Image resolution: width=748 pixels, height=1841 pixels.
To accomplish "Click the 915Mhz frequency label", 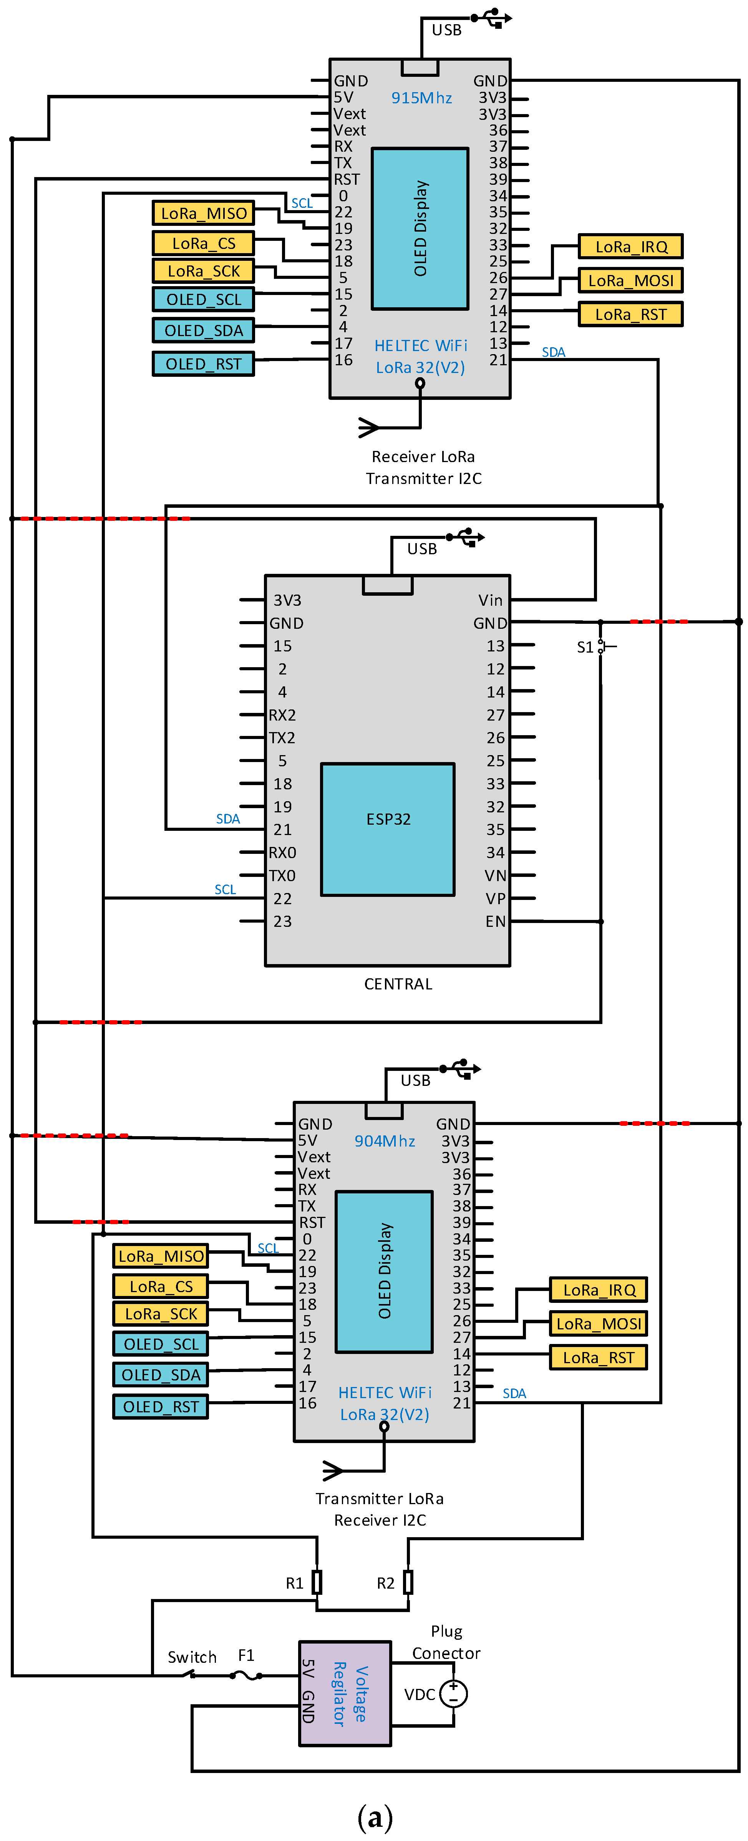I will point(421,98).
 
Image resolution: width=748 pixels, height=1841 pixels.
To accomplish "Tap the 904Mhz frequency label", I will point(385,1141).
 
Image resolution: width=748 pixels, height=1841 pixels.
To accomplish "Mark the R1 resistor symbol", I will point(317,1582).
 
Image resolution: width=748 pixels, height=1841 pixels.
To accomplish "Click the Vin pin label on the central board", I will point(491,600).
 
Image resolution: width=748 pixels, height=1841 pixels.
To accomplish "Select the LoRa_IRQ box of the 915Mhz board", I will point(631,247).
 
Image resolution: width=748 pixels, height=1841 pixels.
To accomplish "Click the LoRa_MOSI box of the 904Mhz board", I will point(599,1324).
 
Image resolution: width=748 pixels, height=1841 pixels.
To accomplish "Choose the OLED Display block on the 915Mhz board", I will point(420,229).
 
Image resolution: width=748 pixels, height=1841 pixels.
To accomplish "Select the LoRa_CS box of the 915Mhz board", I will point(204,243).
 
